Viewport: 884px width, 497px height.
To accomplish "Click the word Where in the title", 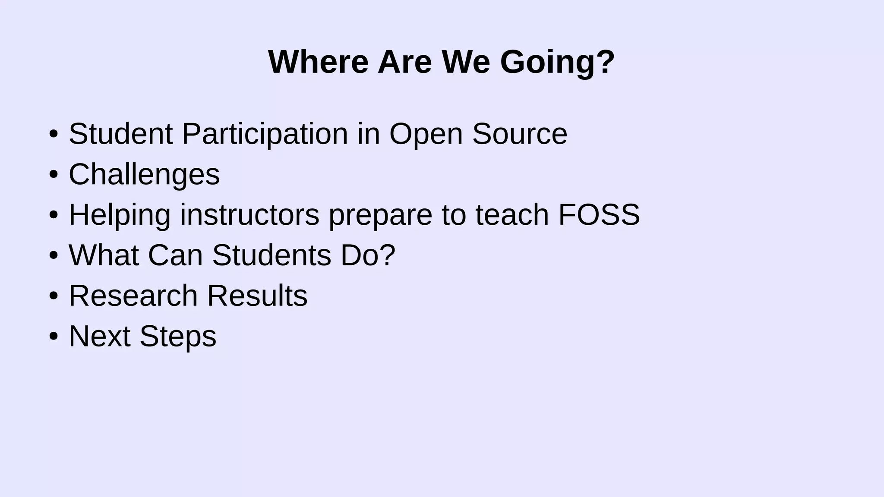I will point(318,62).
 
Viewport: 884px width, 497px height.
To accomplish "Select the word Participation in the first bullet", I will point(265,134).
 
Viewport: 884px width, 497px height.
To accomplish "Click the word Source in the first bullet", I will point(520,134).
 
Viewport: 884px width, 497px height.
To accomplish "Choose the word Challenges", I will point(144,175).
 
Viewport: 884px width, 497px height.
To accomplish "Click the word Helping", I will point(120,215).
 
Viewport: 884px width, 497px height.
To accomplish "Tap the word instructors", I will point(249,214).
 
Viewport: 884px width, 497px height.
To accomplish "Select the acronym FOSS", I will point(599,214).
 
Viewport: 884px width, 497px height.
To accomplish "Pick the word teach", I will point(512,214).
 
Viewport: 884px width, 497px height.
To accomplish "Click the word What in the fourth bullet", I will point(104,255).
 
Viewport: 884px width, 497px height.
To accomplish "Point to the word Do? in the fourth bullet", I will point(368,255).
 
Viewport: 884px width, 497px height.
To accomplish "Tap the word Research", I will point(133,296).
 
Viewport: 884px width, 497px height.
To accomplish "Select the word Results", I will point(257,296).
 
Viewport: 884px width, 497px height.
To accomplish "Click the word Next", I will point(99,336).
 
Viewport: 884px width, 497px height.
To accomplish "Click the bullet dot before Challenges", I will point(54,175).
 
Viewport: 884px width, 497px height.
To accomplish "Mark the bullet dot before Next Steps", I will point(54,336).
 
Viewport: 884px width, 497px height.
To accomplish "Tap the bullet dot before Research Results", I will point(54,296).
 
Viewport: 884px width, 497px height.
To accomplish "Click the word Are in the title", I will point(404,62).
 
